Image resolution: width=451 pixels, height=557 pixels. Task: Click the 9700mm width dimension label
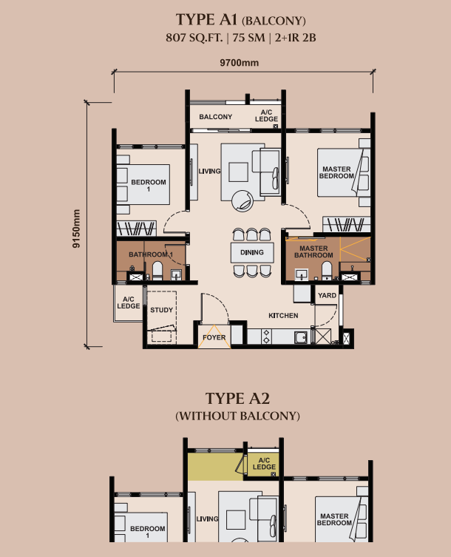pos(239,63)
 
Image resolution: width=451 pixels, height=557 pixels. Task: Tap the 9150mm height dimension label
pos(76,229)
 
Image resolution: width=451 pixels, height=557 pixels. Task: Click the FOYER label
pos(214,337)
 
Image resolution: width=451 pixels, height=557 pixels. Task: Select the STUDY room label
pos(162,310)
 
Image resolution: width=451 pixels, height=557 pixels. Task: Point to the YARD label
pos(327,295)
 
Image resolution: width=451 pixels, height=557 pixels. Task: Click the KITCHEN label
pos(283,315)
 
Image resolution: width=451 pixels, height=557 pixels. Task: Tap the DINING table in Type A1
pos(252,252)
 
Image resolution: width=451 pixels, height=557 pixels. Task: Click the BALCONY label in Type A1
pos(216,117)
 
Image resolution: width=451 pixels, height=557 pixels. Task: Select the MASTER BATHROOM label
pos(313,252)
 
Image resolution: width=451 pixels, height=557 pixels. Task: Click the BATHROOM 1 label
pos(151,254)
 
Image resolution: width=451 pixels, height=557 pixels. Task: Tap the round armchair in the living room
pos(243,201)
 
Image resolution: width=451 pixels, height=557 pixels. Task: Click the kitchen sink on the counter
pos(301,337)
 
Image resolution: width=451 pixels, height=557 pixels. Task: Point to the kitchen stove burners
pos(266,337)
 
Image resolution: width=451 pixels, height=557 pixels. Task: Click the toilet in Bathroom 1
pos(157,271)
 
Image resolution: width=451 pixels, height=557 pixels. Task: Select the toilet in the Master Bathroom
pos(326,271)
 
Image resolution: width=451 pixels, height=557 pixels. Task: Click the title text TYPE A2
pos(237,398)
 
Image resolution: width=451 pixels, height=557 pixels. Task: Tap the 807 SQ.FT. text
pos(194,37)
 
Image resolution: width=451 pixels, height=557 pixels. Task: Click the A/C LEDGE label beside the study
pos(129,303)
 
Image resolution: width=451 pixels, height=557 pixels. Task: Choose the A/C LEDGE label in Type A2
pos(264,463)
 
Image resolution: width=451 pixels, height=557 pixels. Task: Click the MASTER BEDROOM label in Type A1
pos(336,172)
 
